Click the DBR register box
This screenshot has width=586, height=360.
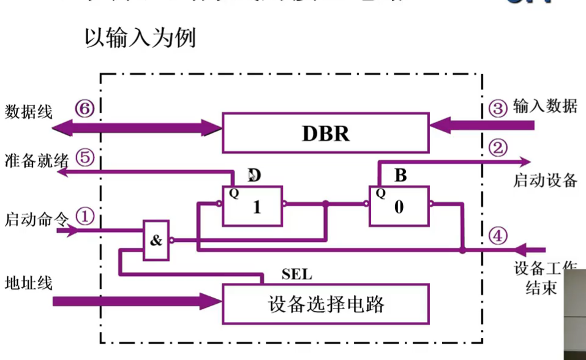point(325,132)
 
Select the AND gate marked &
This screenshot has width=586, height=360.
point(157,241)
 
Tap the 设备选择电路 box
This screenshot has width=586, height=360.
point(325,304)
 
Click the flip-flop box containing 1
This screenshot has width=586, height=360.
point(252,206)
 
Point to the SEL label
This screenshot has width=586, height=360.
point(296,274)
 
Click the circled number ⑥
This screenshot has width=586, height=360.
point(85,109)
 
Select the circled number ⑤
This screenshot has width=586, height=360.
point(85,157)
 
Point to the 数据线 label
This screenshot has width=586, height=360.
point(29,111)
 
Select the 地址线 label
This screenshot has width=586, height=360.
point(29,283)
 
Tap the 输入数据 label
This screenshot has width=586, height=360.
point(545,107)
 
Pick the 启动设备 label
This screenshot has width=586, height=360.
point(545,181)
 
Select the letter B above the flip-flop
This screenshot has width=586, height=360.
point(400,176)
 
